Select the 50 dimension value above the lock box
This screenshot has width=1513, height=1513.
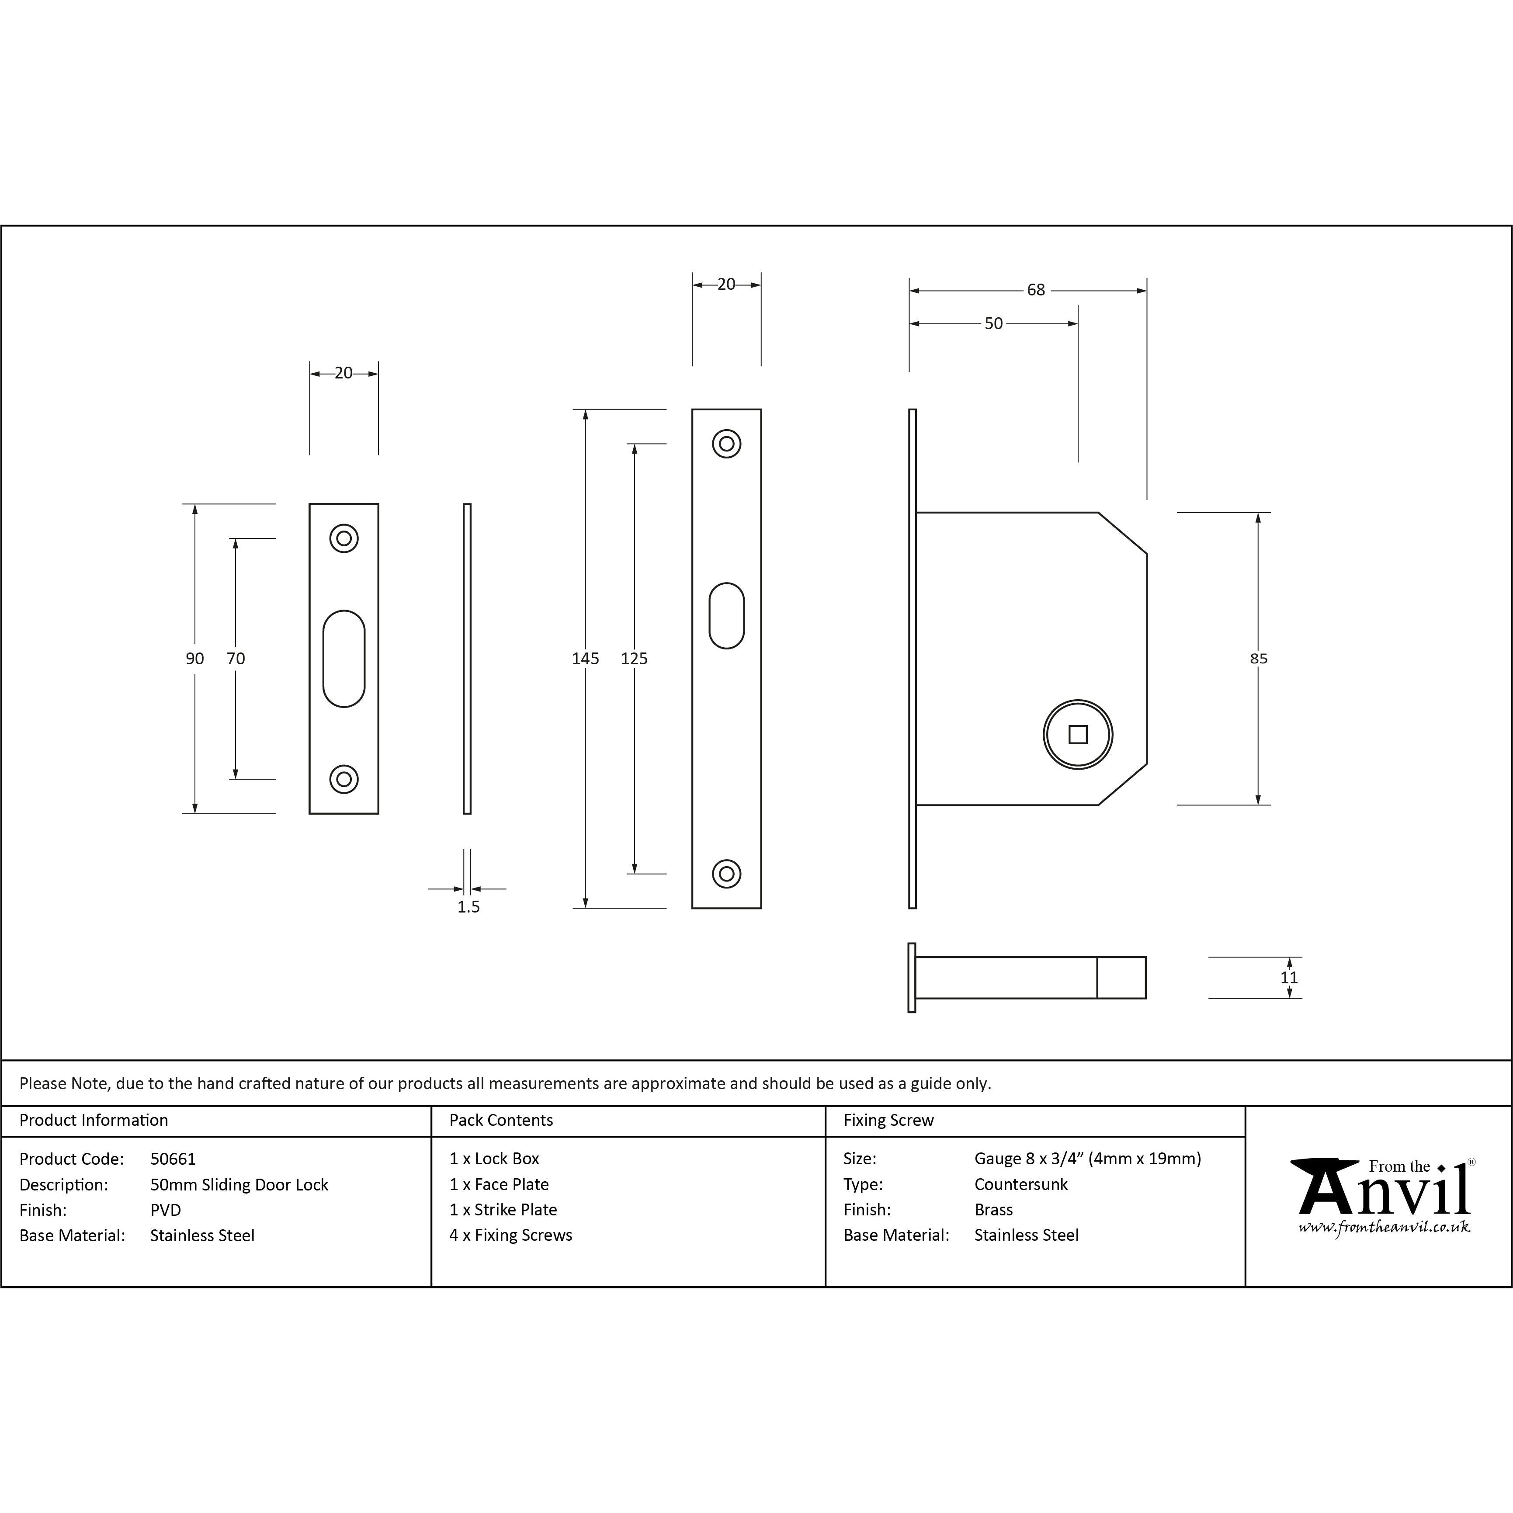tap(993, 323)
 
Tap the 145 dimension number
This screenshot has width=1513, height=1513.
tap(585, 659)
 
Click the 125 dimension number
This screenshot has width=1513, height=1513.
tap(634, 659)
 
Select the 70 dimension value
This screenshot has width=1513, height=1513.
tap(236, 659)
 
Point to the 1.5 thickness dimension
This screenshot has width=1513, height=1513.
tap(468, 907)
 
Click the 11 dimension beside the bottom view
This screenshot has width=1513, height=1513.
tap(1289, 977)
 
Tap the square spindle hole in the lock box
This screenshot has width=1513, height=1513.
tap(1078, 735)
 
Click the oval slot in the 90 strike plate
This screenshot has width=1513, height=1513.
tap(344, 659)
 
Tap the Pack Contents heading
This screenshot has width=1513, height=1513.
tap(501, 1120)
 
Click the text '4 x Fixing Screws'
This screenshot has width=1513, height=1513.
tap(510, 1235)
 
